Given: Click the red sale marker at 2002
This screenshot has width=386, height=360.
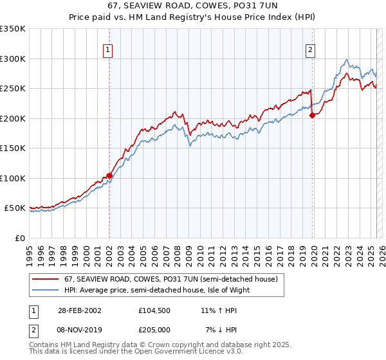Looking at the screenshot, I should click(x=109, y=175).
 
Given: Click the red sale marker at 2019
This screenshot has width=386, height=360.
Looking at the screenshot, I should click(x=312, y=116).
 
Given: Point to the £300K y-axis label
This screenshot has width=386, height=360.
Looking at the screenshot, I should click(x=12, y=59).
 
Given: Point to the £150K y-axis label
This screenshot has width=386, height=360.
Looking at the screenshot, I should click(x=12, y=148).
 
